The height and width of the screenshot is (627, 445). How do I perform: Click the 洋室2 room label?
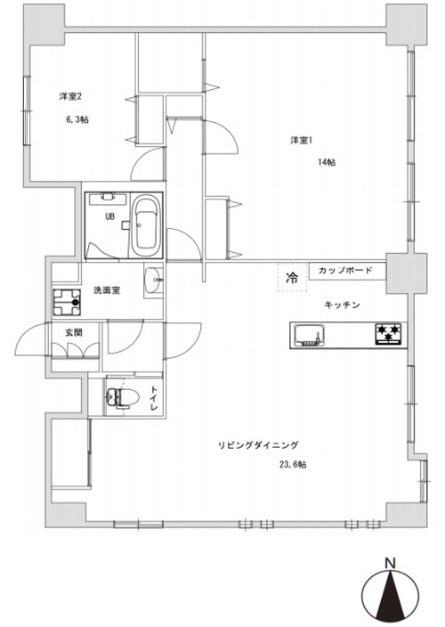click(x=70, y=96)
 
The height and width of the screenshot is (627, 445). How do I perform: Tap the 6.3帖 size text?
click(x=77, y=119)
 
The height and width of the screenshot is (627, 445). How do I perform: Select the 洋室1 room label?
click(x=301, y=141)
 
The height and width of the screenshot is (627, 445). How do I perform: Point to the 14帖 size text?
click(x=327, y=162)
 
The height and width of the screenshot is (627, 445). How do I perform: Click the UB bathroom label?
click(x=109, y=216)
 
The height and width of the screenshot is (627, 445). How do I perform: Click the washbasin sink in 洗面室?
click(x=153, y=280)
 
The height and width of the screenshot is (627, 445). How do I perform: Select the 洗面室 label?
click(x=107, y=290)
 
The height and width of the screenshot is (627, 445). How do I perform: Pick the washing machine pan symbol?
click(x=67, y=302)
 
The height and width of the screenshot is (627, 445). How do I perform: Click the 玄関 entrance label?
click(x=74, y=332)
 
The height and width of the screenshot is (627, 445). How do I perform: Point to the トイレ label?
click(x=154, y=397)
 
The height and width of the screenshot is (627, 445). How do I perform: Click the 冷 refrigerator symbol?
click(x=293, y=277)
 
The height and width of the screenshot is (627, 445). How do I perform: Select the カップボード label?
click(x=345, y=271)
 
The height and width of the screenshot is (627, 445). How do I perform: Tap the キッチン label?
click(x=342, y=305)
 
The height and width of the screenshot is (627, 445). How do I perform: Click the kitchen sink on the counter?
click(x=309, y=335)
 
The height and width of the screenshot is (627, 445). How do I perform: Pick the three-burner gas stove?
click(x=389, y=334)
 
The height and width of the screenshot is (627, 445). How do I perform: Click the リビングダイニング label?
click(x=258, y=445)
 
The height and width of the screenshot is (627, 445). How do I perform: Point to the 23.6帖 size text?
click(x=293, y=465)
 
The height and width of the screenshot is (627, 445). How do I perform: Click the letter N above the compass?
click(x=390, y=564)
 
